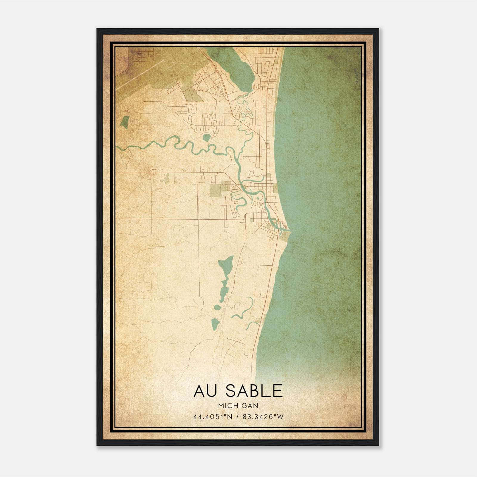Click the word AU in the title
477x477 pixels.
[205, 391]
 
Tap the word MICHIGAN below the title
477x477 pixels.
[238, 405]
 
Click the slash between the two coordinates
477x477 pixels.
[238, 417]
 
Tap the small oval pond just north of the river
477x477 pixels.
[206, 137]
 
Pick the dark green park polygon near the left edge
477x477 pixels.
[125, 122]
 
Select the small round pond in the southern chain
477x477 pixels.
[217, 307]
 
